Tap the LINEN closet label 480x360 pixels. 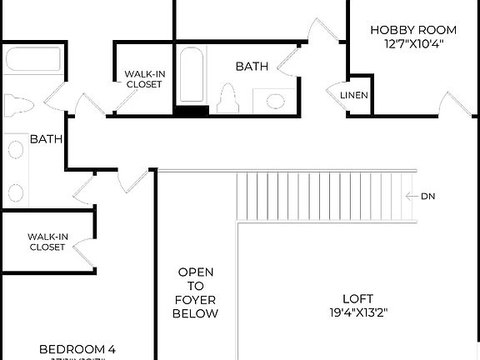353,95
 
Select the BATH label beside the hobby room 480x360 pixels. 251,66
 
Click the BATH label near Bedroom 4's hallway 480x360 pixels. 46,139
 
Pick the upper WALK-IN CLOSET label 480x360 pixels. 144,79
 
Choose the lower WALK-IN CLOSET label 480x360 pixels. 47,242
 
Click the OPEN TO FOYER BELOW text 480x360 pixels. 195,292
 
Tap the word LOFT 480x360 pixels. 357,298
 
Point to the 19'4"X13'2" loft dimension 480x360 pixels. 357,313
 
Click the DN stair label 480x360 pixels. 428,197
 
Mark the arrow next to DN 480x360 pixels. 410,197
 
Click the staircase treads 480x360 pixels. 325,196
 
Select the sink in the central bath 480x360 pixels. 277,101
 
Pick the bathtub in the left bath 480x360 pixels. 32,60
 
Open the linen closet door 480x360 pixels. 335,91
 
